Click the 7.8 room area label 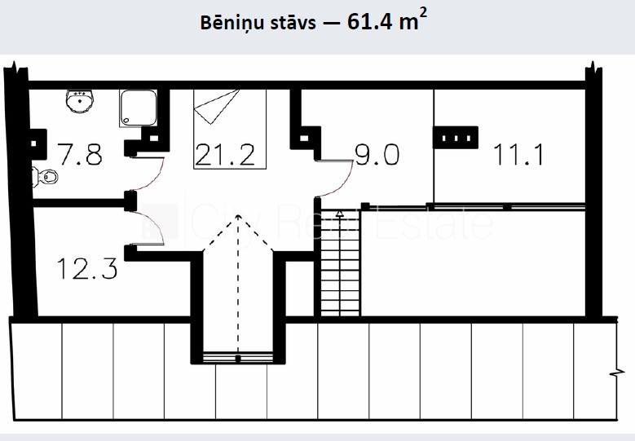[80, 154]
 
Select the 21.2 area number [225, 154]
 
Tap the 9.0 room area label [377, 154]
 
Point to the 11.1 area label [518, 154]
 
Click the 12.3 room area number [87, 268]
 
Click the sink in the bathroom [79, 101]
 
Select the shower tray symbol [138, 108]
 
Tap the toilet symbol [45, 177]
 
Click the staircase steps [340, 263]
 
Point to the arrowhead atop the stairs [339, 213]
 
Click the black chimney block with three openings [456, 138]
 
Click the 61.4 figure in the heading [370, 21]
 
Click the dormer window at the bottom [238, 359]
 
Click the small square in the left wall [33, 143]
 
